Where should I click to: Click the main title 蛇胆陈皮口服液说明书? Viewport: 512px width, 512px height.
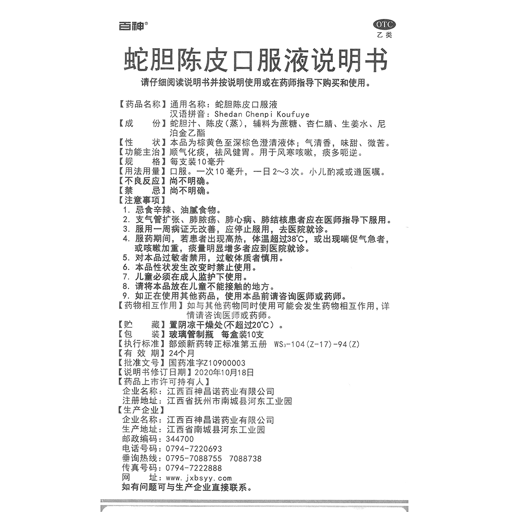(255, 60)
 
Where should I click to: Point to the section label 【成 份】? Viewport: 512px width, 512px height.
(139, 124)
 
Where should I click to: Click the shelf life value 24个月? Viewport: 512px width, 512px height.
(182, 353)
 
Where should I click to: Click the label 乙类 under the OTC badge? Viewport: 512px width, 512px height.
(385, 35)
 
